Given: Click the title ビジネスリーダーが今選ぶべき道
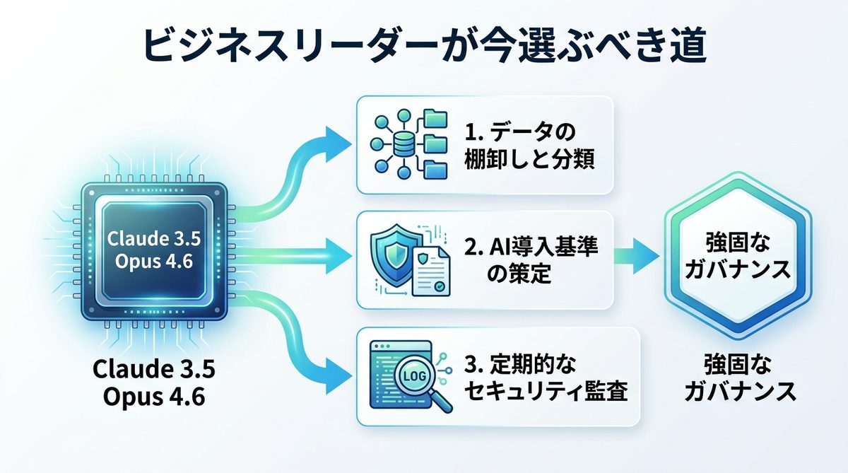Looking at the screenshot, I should (x=425, y=47).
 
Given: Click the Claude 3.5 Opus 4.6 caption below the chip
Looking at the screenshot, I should (x=154, y=382).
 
